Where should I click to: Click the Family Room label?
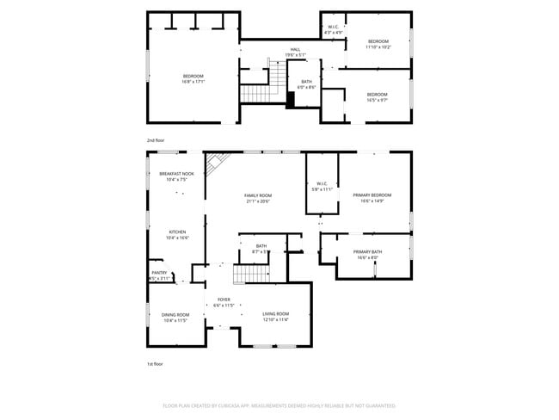258,196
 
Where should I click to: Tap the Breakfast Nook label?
176,174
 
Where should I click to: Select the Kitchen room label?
177,232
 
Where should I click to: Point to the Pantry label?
159,274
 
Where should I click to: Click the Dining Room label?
175,314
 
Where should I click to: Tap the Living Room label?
275,313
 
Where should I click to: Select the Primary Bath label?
367,251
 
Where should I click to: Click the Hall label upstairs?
295,50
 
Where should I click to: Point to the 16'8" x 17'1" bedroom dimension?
193,82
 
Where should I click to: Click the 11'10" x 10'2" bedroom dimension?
378,47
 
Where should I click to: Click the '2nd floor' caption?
155,139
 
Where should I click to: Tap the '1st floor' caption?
155,364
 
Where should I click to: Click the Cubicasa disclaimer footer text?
279,405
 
